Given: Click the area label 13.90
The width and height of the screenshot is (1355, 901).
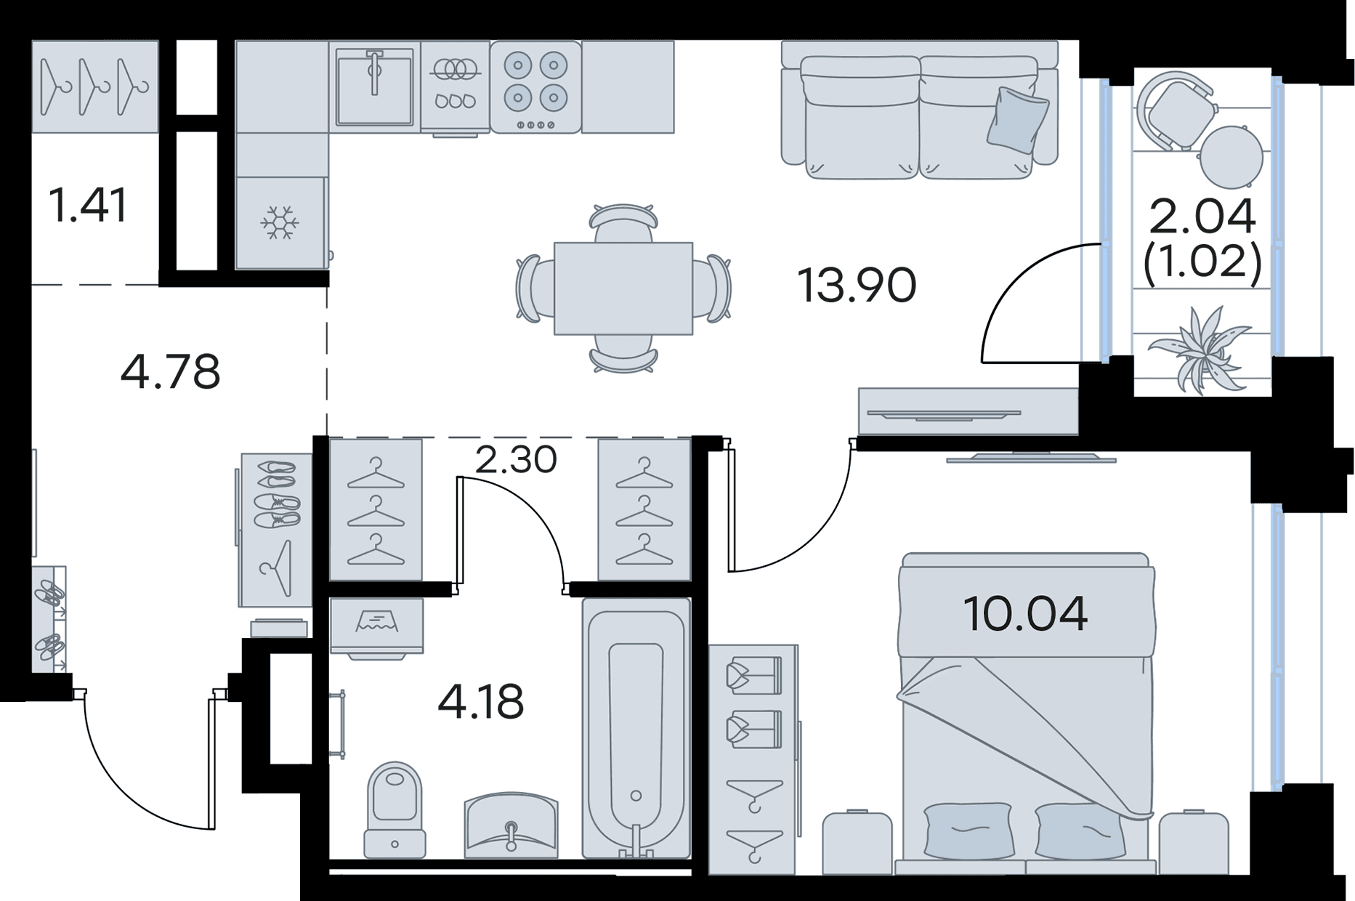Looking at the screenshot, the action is pos(857,285).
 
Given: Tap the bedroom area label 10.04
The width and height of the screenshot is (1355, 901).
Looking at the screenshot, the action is pos(1025,614).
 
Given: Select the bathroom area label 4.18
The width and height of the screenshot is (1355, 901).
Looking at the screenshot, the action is pos(481,702).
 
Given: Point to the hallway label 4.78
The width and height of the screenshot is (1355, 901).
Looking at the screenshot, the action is pos(170,372).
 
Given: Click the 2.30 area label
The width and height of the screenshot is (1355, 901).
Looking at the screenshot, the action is pos(516,459).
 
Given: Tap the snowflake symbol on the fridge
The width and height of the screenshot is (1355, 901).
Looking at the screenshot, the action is pos(279,222).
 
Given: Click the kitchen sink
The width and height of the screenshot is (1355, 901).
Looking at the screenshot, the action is pos(374,86).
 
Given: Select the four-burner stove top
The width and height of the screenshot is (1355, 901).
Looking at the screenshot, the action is pos(535,86).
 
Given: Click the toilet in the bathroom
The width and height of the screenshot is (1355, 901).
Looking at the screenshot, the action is pos(395,810).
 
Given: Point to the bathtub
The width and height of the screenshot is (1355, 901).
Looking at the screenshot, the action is pos(636,729).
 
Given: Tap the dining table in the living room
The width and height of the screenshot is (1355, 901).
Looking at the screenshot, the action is pos(623,288).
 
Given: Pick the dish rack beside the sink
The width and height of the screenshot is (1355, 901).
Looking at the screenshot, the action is pos(455,86).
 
